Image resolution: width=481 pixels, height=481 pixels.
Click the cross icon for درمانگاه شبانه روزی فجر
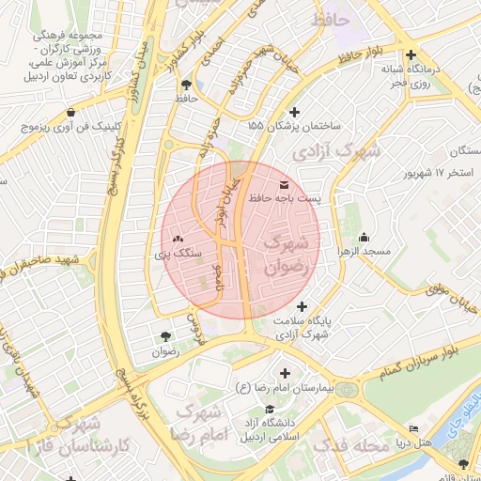(x=412, y=54)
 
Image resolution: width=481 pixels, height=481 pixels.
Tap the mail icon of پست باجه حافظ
(x=285, y=183)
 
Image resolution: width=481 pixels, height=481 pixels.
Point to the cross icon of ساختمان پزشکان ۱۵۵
(x=297, y=110)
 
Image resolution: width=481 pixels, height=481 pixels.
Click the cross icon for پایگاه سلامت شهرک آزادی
(x=302, y=306)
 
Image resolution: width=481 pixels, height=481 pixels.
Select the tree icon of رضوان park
(x=165, y=335)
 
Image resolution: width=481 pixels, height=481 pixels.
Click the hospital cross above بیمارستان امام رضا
(x=285, y=373)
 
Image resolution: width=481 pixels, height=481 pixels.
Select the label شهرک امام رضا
(x=196, y=423)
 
